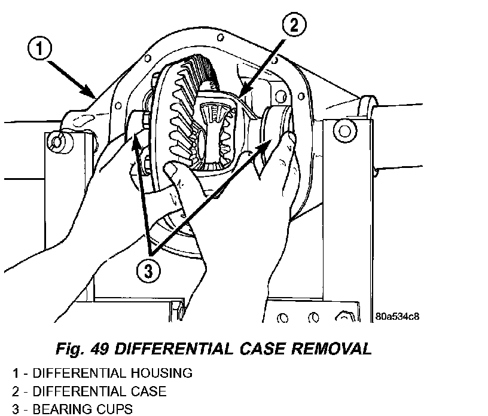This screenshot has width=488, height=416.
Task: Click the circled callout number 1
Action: (40, 49)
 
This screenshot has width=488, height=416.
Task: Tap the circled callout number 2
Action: (294, 25)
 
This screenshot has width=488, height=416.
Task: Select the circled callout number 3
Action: (149, 271)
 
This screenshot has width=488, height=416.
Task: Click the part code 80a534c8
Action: (397, 316)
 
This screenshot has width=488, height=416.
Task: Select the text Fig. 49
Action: (82, 349)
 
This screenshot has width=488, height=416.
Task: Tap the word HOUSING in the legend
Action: (161, 373)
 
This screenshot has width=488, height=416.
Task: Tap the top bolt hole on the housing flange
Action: (221, 38)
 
